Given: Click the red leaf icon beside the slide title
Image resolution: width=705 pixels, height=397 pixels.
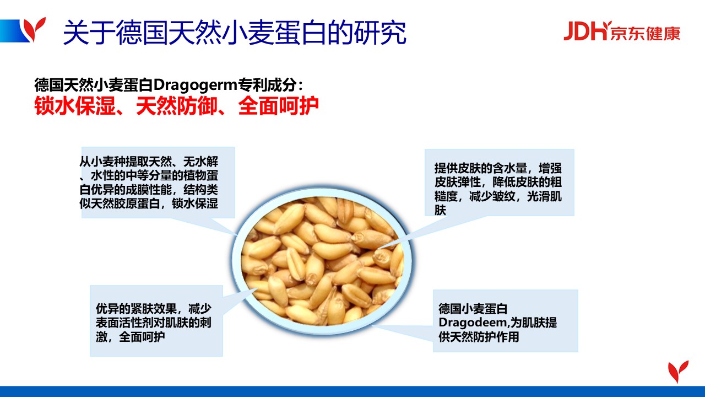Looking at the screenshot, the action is [x=35, y=29].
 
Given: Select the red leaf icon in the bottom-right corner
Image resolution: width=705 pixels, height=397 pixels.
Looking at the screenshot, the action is [x=678, y=372].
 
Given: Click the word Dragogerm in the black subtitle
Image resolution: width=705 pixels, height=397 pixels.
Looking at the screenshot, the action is [x=195, y=84].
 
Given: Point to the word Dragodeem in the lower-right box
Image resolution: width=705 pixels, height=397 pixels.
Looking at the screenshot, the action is [x=472, y=323].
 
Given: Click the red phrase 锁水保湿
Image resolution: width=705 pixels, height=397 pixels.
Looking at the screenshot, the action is [x=75, y=105].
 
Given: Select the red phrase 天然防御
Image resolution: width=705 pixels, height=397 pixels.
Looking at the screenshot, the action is [x=177, y=105].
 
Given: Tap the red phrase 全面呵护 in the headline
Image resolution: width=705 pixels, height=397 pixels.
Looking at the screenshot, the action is [x=279, y=105].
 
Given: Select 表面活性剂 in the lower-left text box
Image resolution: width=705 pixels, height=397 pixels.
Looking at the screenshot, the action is [x=124, y=323].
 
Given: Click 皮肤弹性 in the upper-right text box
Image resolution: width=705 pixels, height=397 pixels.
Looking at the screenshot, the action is [x=458, y=182].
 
